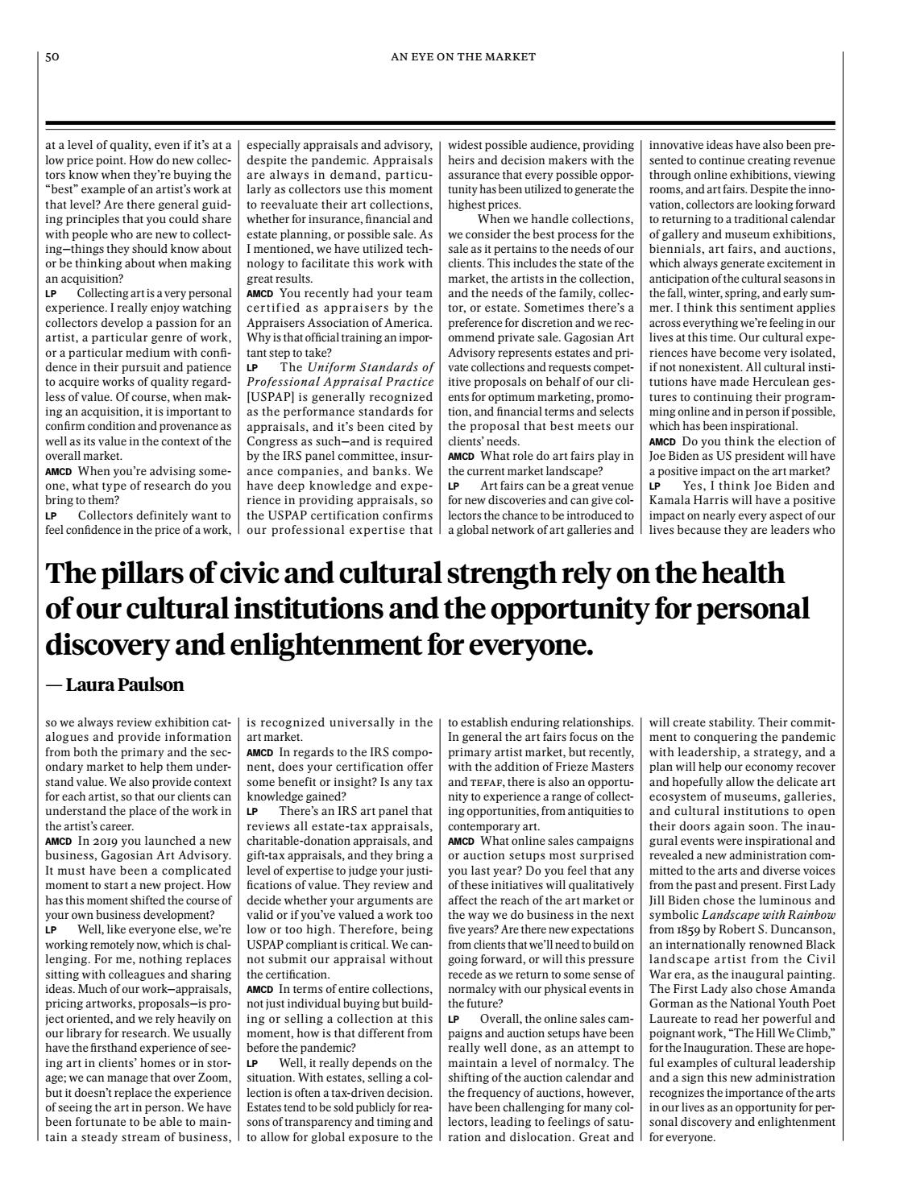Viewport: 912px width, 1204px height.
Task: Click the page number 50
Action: click(x=52, y=56)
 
